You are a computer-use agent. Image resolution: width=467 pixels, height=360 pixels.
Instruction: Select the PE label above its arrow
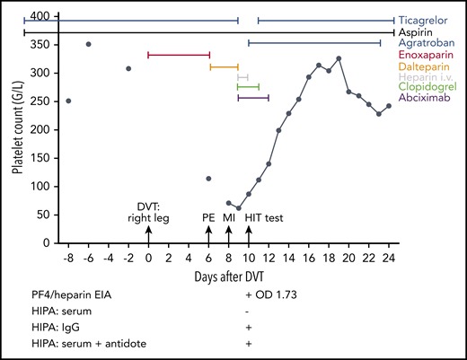pyautogui.click(x=208, y=217)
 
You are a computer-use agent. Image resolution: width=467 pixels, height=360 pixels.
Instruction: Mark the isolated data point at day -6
pyautogui.click(x=88, y=44)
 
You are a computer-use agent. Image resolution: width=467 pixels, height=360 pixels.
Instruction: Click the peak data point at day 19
pyautogui.click(x=339, y=58)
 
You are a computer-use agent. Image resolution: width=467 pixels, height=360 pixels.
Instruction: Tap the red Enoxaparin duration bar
pyautogui.click(x=178, y=55)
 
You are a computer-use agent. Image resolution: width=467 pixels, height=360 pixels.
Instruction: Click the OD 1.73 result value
pyautogui.click(x=277, y=294)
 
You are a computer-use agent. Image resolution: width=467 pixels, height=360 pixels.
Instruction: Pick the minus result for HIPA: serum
pyautogui.click(x=248, y=311)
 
